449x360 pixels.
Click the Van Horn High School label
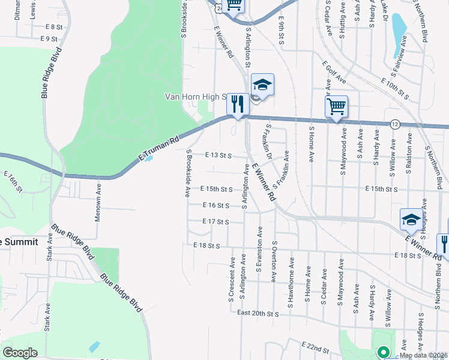(x=196, y=97)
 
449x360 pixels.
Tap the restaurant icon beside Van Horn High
(x=238, y=104)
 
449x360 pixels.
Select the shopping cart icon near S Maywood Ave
(x=337, y=107)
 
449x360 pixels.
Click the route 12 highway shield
(x=394, y=124)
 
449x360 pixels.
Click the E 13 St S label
(x=218, y=155)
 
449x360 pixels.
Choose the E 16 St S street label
(x=216, y=205)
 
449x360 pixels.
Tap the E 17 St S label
(x=216, y=221)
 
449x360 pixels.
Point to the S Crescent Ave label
(x=231, y=278)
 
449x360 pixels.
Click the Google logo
(x=20, y=352)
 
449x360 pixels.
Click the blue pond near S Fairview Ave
(x=398, y=26)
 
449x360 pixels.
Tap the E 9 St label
(x=49, y=39)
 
